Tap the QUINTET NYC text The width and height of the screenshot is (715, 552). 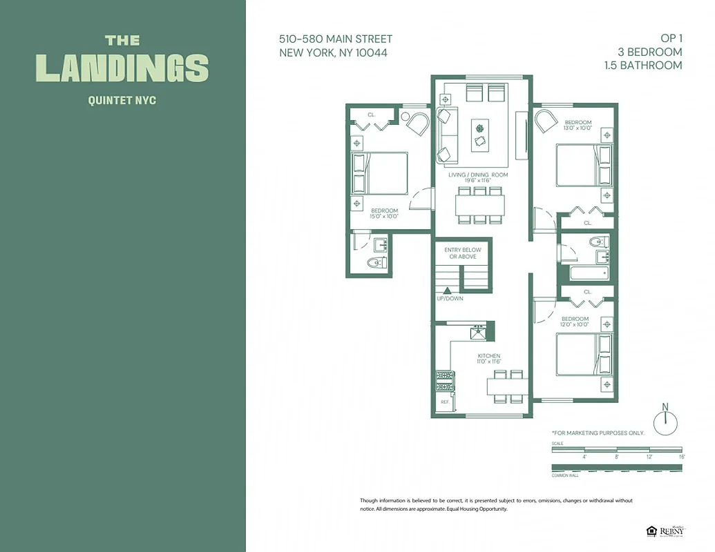[x=122, y=101]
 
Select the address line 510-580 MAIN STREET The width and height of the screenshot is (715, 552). [x=336, y=39]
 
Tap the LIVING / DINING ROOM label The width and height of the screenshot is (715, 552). [x=478, y=175]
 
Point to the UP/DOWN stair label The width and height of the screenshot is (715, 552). [x=450, y=299]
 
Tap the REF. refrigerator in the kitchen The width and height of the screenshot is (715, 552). [x=444, y=402]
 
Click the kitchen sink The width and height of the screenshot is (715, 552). [x=479, y=333]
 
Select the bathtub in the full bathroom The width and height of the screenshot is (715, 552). [x=589, y=273]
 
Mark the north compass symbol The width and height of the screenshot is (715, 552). [x=665, y=422]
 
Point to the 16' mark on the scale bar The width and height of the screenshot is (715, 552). [x=681, y=456]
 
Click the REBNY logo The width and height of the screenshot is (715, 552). [x=671, y=531]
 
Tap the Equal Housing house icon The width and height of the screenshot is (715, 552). [x=651, y=531]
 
